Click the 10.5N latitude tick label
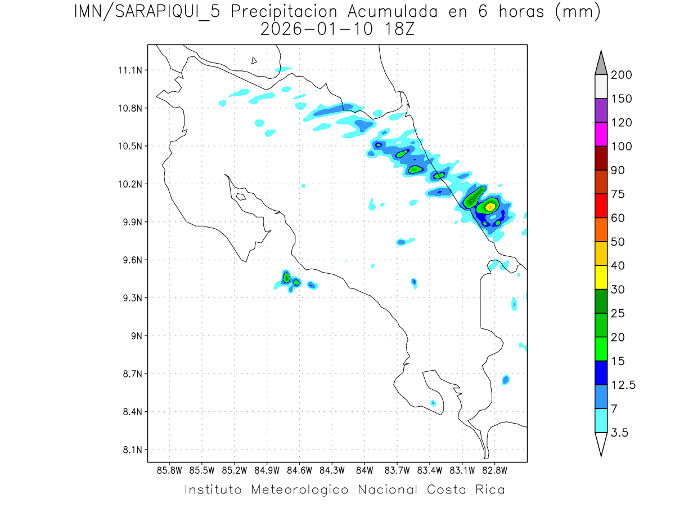pos(128,146)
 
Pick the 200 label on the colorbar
pos(621,75)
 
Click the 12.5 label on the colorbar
pos(623,385)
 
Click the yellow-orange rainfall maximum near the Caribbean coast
pos(490,207)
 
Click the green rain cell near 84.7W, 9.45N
pos(286,277)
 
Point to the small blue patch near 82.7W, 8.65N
pos(506,380)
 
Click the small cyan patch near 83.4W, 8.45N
pos(433,403)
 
